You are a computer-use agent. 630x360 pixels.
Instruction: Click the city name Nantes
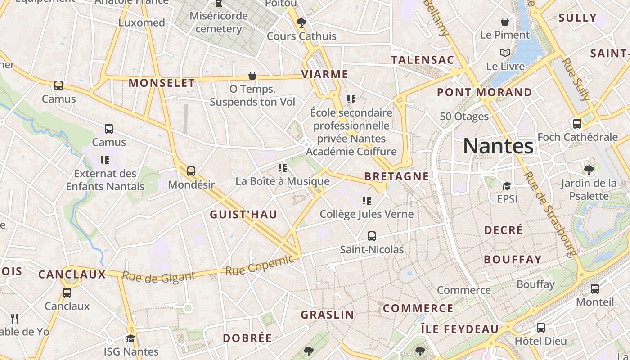(498, 146)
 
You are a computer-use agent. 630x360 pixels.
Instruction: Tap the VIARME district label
(325, 74)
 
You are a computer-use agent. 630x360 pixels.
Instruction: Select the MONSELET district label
(162, 83)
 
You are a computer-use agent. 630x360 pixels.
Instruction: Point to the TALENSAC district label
(423, 60)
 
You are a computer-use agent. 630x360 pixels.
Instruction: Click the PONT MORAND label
(485, 92)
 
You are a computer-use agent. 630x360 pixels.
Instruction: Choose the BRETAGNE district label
(396, 176)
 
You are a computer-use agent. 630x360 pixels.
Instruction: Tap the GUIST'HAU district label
(243, 214)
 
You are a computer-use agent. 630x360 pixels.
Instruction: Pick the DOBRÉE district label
(247, 338)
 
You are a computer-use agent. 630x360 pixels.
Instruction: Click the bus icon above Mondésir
(191, 171)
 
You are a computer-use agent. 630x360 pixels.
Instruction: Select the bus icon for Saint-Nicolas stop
(372, 236)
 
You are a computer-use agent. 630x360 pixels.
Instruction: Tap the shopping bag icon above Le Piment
(505, 22)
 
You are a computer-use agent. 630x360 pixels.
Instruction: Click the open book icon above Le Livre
(505, 53)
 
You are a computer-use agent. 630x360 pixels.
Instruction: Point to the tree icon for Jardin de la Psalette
(589, 170)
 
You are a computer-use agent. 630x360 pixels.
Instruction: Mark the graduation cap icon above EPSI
(507, 185)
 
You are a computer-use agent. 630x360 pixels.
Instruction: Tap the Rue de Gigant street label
(159, 277)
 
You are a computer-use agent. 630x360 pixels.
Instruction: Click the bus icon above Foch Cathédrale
(577, 123)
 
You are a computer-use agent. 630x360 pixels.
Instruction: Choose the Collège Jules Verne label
(366, 214)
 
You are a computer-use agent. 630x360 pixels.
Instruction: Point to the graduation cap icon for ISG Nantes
(130, 338)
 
